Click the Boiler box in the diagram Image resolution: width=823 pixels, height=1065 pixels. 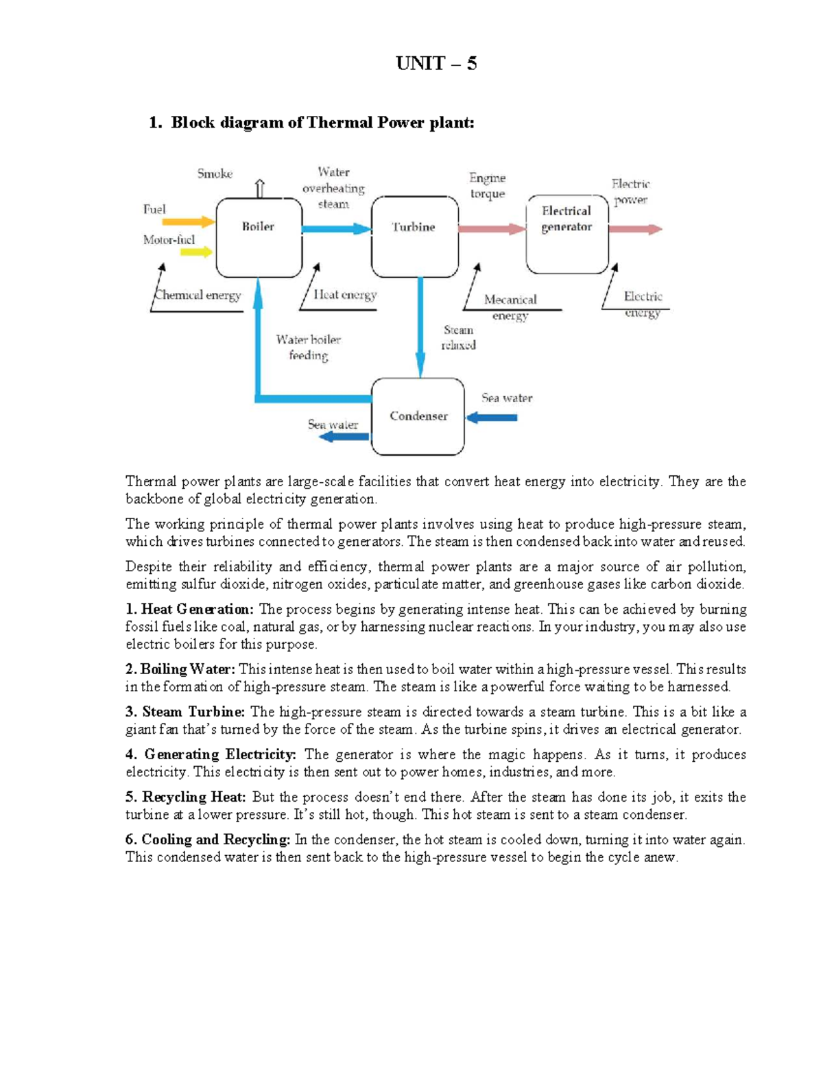coord(259,237)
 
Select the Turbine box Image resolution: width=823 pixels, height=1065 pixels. coord(414,237)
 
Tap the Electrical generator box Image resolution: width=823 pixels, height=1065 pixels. coord(566,234)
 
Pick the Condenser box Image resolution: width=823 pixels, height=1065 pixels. coord(418,416)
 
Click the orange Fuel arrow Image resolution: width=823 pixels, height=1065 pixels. coord(188,222)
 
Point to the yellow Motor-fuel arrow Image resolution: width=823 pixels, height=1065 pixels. coord(196,252)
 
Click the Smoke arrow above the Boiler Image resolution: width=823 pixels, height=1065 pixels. coord(260,188)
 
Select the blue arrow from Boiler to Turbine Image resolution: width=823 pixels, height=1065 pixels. coord(336,229)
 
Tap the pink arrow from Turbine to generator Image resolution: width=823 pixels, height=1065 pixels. coord(492,229)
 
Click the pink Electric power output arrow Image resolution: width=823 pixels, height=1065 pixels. coord(635,229)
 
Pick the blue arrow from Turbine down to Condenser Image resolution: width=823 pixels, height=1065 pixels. coord(420,326)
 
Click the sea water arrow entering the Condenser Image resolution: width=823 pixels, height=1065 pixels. coord(491,417)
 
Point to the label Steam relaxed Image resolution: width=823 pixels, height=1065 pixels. coord(458,337)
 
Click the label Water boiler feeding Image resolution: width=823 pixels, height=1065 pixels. coord(308,347)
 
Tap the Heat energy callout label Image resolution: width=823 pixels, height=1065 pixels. coord(345,295)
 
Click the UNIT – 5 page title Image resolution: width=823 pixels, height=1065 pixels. coord(436,64)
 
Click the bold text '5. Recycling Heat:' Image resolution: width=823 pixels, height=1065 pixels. coord(186,797)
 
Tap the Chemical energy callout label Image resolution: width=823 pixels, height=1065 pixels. coord(198,296)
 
